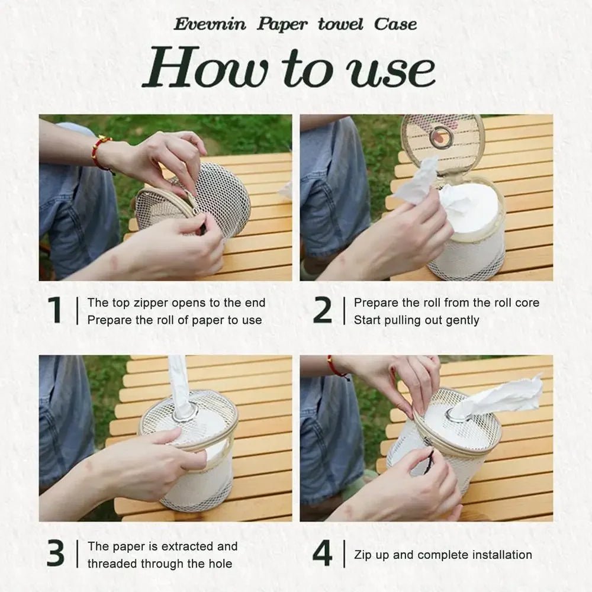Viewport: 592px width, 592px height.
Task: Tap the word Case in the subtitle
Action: [395, 24]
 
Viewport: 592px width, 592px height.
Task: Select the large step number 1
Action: [55, 310]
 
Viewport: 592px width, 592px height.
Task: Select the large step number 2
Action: [322, 310]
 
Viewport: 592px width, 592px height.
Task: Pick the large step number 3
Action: [55, 554]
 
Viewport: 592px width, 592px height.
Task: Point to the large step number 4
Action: [322, 554]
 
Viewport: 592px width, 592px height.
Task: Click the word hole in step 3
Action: [219, 564]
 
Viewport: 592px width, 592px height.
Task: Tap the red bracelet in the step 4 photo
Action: [337, 367]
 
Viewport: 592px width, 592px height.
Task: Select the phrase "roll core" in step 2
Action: [514, 303]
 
